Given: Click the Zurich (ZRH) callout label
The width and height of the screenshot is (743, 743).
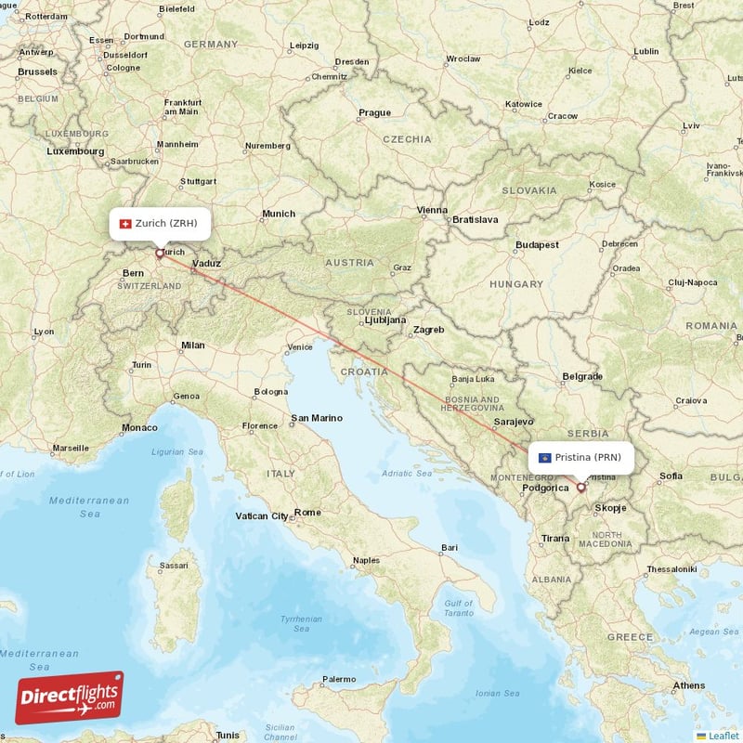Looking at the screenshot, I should click(160, 223).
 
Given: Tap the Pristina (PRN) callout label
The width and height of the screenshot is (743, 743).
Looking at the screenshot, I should click(581, 457).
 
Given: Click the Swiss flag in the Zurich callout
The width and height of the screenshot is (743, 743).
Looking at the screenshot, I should click(126, 223).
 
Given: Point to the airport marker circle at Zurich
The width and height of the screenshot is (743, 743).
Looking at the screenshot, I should click(159, 252).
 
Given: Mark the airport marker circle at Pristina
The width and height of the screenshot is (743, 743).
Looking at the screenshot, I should click(581, 487).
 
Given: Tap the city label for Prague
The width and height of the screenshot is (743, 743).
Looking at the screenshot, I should click(375, 113).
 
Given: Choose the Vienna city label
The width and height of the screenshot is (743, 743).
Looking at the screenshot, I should click(432, 210).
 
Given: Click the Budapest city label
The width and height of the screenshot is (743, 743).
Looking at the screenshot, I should click(538, 245).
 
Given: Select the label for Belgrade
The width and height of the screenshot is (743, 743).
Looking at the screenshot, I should click(582, 377).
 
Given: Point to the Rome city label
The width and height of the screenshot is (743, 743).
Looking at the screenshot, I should click(307, 513).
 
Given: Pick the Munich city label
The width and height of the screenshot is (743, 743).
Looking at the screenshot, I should click(279, 214).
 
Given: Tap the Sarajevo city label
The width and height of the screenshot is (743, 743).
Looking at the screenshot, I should click(514, 422).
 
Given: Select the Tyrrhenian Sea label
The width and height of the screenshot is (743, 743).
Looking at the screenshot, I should click(302, 623).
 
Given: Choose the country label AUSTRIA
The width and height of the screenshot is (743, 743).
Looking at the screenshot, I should click(348, 263).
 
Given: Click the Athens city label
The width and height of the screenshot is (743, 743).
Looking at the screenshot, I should click(689, 685).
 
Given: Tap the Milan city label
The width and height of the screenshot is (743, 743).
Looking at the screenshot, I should click(193, 345).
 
